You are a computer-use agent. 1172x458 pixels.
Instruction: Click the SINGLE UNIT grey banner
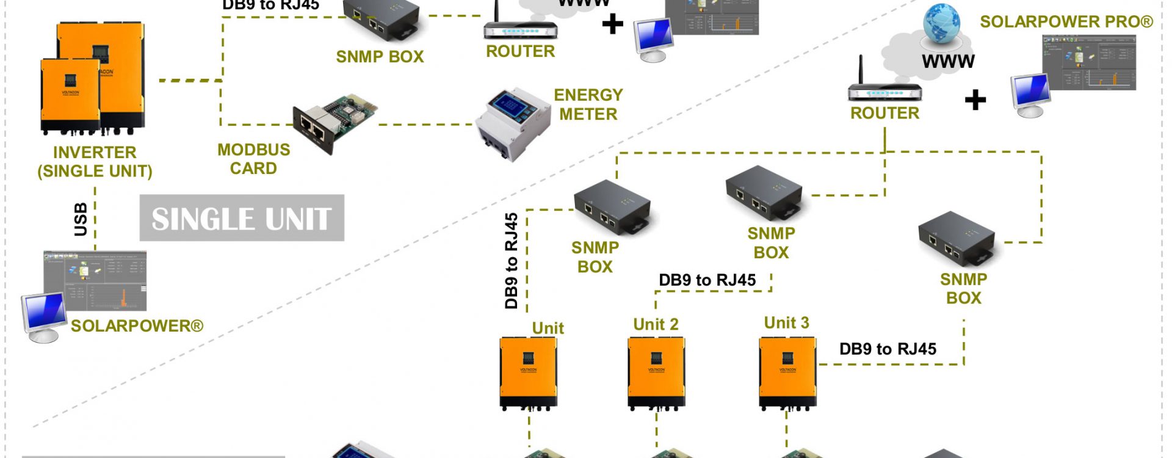(242, 218)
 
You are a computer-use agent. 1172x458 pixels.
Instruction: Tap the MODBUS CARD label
(253, 159)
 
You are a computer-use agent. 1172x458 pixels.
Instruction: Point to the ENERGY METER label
(588, 104)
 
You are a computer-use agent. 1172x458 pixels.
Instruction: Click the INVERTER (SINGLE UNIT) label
(95, 161)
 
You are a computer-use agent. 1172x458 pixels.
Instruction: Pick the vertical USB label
(81, 219)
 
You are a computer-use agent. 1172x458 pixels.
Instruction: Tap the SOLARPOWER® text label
(137, 326)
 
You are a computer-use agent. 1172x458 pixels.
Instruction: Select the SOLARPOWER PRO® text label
(1066, 22)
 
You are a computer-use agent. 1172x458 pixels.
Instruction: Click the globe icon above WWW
(941, 24)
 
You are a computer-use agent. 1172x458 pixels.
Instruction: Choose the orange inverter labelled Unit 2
(656, 373)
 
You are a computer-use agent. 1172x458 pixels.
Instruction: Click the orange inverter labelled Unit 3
(787, 373)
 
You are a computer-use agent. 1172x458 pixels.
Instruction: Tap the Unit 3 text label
(786, 322)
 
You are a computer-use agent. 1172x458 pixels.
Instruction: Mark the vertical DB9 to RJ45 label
(512, 261)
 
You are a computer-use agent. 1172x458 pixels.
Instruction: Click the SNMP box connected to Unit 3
(957, 239)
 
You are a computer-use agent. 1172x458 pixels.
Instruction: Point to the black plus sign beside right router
(975, 100)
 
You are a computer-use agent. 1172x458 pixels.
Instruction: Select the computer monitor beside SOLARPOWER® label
(45, 316)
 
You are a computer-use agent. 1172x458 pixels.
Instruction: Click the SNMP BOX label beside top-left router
(380, 57)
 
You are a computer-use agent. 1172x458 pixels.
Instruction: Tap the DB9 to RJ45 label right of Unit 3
(888, 349)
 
